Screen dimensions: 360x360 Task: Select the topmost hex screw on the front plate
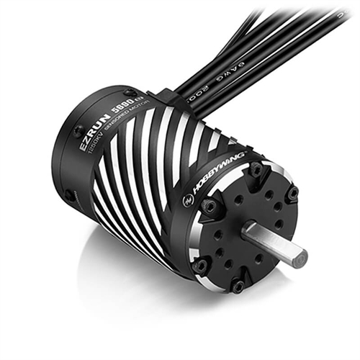point(255,170)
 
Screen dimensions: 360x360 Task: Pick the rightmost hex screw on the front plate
point(292,194)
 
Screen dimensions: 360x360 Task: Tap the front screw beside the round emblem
point(210,207)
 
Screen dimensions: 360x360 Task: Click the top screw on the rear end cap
point(128,93)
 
